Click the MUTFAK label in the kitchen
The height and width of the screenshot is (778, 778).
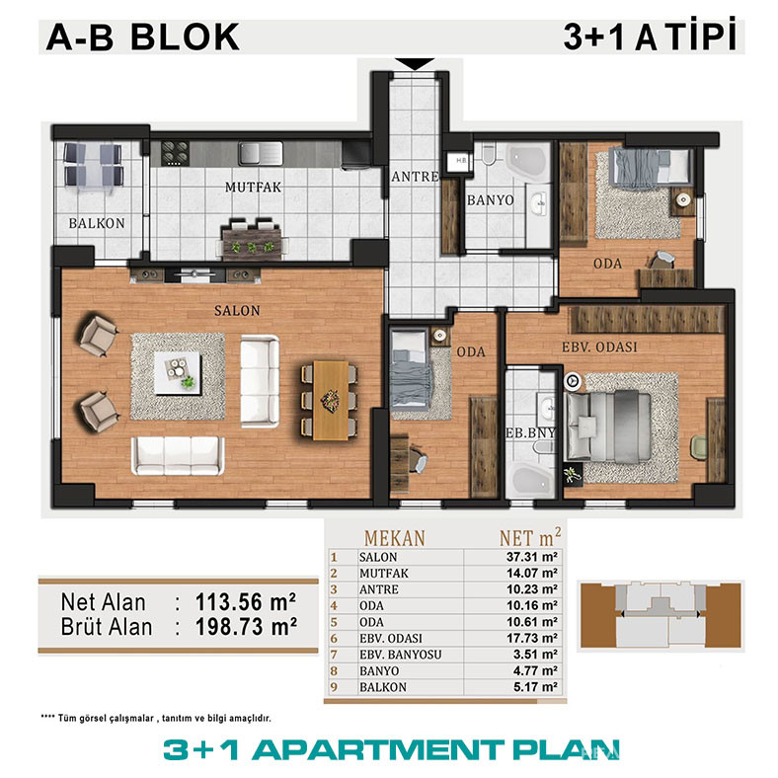pyautogui.click(x=253, y=187)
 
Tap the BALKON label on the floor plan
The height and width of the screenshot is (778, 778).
pyautogui.click(x=97, y=223)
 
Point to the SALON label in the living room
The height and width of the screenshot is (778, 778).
pyautogui.click(x=237, y=311)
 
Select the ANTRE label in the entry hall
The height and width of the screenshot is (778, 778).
pyautogui.click(x=415, y=177)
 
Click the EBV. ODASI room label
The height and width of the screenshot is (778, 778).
pyautogui.click(x=599, y=347)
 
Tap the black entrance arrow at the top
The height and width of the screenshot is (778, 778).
pyautogui.click(x=416, y=64)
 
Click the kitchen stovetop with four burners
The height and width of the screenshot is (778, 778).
pyautogui.click(x=175, y=153)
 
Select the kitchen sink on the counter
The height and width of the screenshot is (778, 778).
pyautogui.click(x=261, y=153)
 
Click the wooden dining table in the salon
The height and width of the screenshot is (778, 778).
pyautogui.click(x=331, y=401)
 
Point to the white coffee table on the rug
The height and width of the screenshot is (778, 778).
pyautogui.click(x=178, y=373)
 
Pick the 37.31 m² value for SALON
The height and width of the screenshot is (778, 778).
pyautogui.click(x=531, y=557)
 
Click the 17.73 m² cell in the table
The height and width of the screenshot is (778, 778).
pyautogui.click(x=531, y=638)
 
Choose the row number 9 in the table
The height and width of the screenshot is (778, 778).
pyautogui.click(x=334, y=687)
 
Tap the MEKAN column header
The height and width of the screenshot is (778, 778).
pyautogui.click(x=395, y=538)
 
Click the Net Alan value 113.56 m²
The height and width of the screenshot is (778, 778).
pyautogui.click(x=246, y=602)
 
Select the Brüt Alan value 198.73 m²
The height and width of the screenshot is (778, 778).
pyautogui.click(x=246, y=627)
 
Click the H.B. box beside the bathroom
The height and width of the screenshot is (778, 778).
pyautogui.click(x=460, y=161)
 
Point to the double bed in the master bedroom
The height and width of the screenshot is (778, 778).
pyautogui.click(x=608, y=427)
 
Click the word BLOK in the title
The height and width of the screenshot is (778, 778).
pyautogui.click(x=185, y=37)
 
